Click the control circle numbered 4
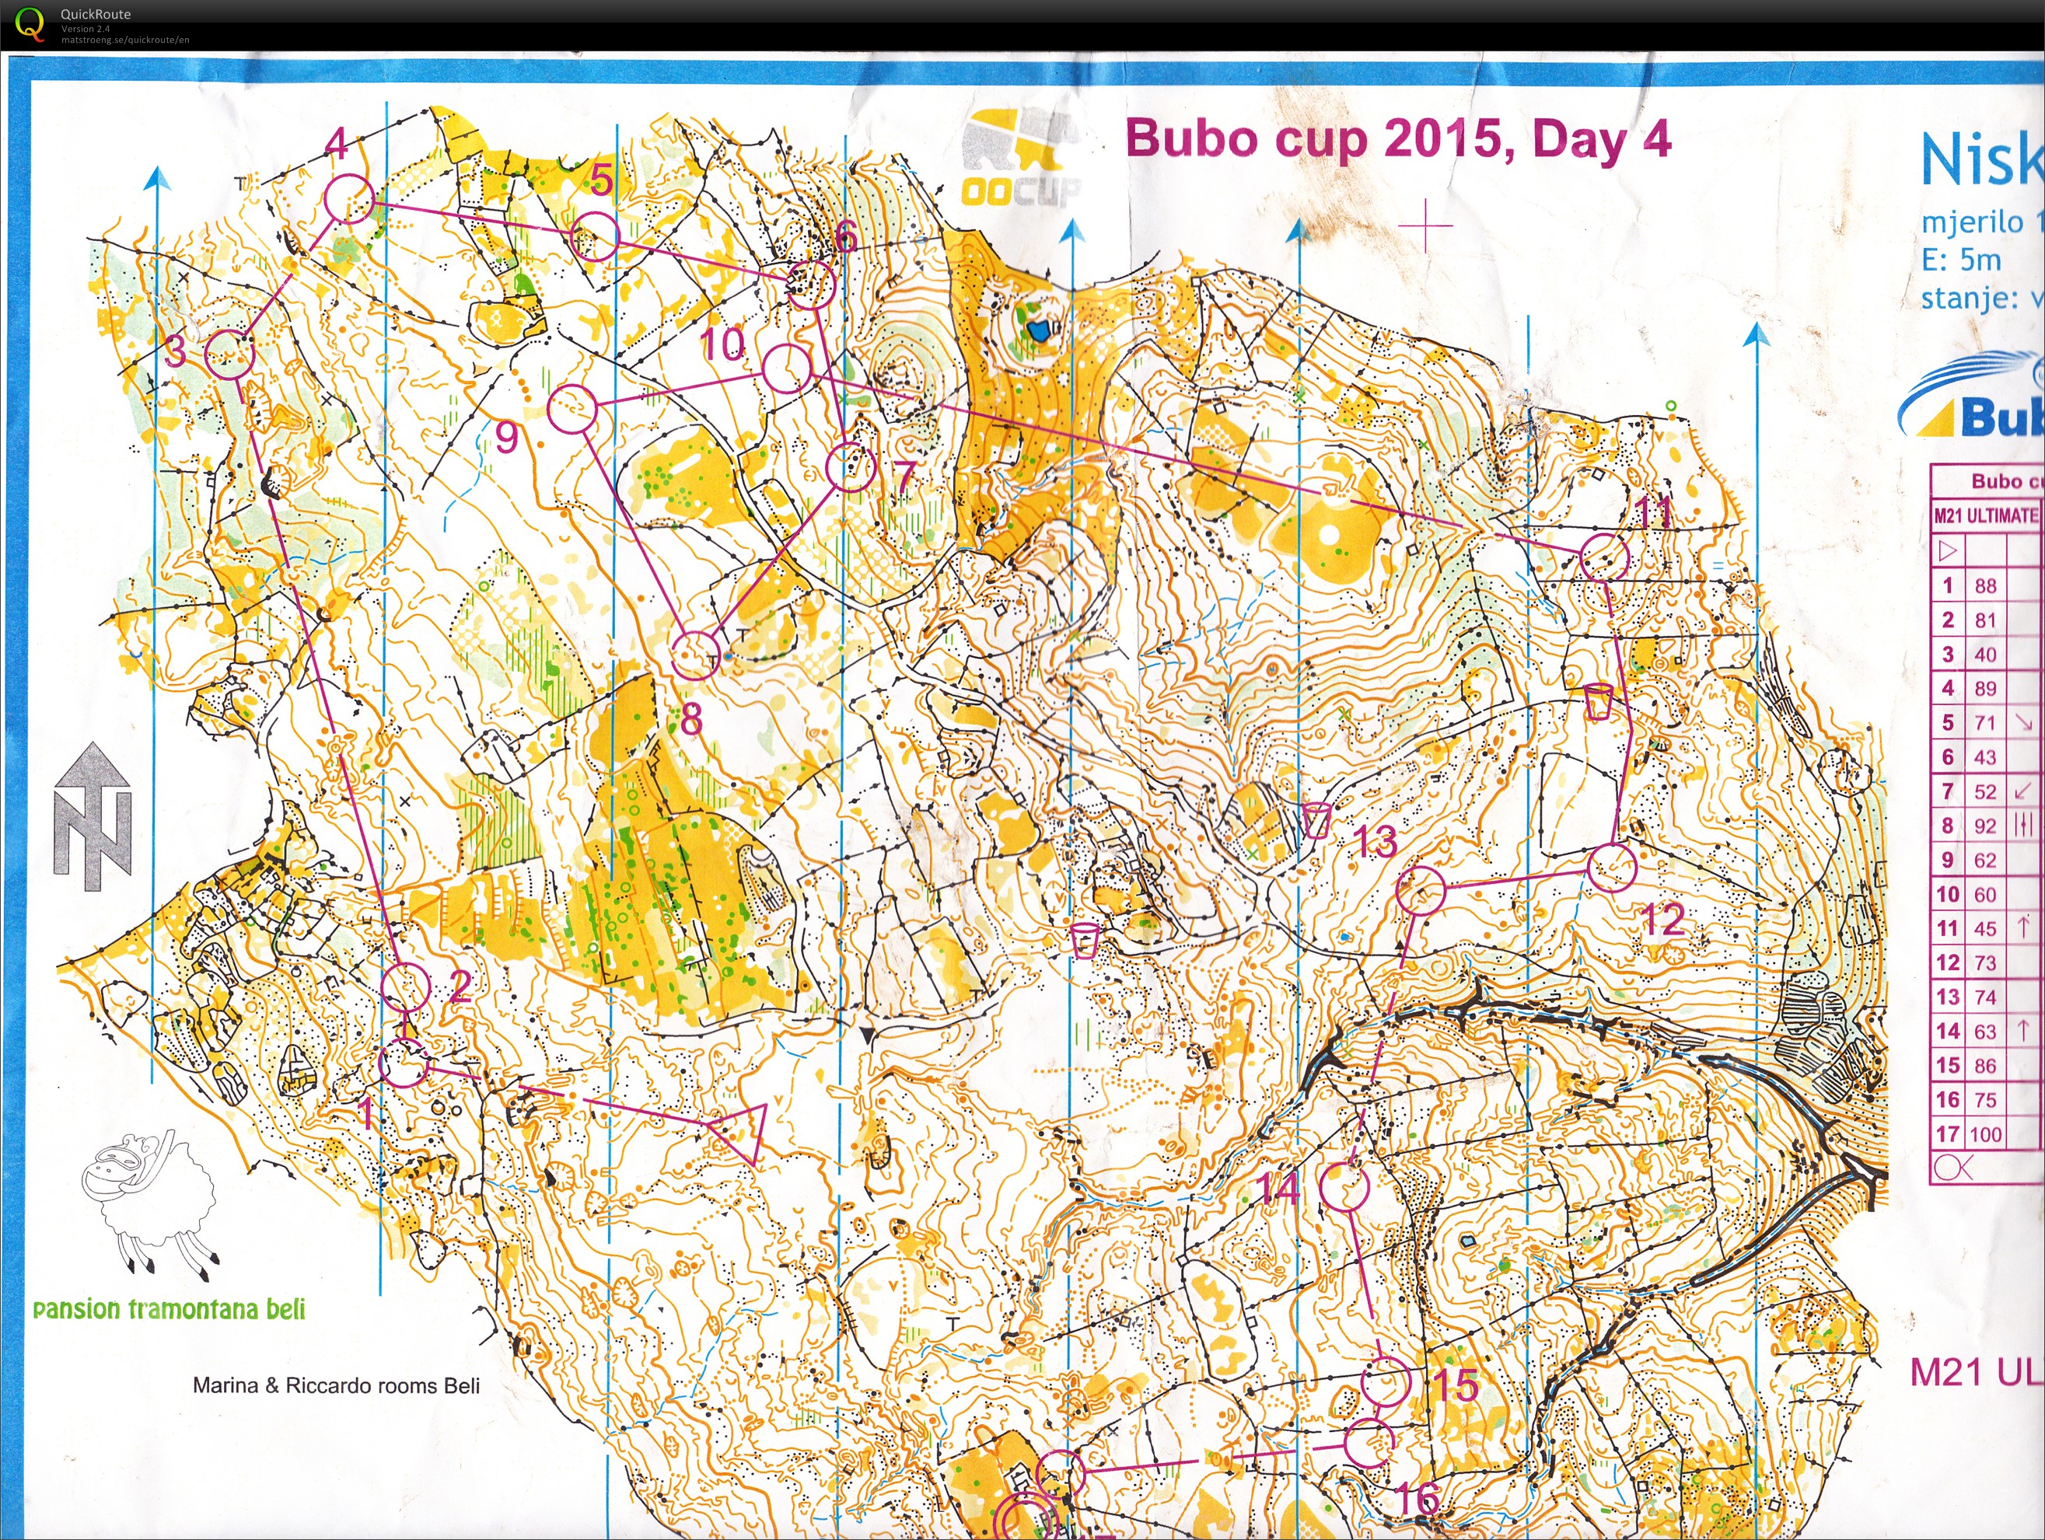(x=348, y=197)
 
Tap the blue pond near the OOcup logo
(x=1039, y=328)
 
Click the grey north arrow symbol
(x=93, y=817)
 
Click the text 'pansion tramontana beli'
(x=168, y=1309)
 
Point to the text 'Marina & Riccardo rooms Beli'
(x=336, y=1385)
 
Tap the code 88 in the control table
(x=1985, y=586)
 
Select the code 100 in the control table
(x=1985, y=1134)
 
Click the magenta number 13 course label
(x=1374, y=842)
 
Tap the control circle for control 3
(x=229, y=354)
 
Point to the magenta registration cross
(x=1425, y=225)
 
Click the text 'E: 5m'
(x=1961, y=260)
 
